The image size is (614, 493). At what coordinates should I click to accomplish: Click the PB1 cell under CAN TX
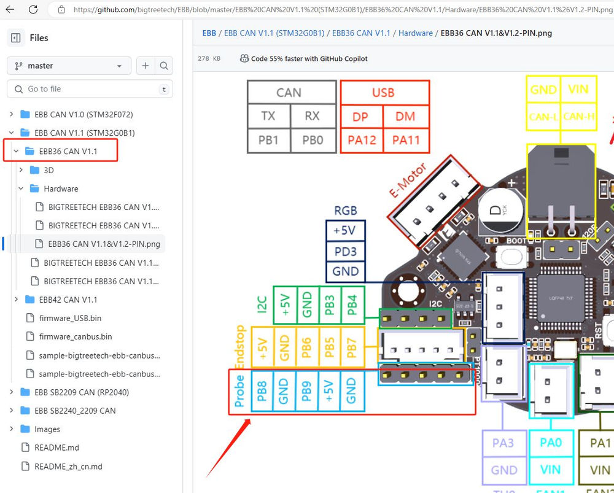click(268, 140)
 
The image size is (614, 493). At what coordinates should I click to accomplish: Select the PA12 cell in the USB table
click(362, 140)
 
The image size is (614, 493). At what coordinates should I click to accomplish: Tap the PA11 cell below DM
click(406, 140)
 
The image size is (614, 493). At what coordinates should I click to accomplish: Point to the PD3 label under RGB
click(345, 251)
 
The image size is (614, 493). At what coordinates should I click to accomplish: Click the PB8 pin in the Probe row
click(262, 390)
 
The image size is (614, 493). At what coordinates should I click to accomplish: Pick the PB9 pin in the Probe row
click(306, 390)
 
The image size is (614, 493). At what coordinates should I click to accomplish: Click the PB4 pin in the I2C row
click(352, 305)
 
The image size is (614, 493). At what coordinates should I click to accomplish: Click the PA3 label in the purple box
click(503, 443)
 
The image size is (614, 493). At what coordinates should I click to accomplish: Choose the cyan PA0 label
click(551, 443)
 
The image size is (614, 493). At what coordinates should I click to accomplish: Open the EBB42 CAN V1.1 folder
click(68, 300)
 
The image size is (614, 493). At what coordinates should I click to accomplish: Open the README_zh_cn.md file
click(68, 467)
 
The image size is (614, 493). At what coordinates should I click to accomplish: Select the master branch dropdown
click(69, 66)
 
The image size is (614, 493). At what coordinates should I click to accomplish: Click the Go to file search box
click(90, 89)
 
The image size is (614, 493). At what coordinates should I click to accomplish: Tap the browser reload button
click(34, 9)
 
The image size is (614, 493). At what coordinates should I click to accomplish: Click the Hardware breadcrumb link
click(416, 33)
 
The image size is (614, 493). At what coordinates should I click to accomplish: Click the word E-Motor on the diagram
click(408, 179)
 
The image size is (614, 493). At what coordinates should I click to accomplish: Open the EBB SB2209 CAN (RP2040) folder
click(81, 392)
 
